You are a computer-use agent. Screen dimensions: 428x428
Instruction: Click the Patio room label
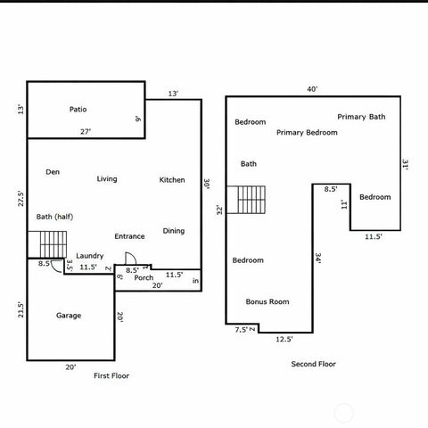click(x=78, y=110)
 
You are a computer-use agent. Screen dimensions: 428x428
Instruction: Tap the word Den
click(x=53, y=171)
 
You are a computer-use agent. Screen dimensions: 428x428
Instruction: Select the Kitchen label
click(x=172, y=180)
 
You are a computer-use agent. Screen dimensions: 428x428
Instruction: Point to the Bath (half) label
click(x=54, y=217)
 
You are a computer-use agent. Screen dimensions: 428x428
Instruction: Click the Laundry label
click(x=90, y=255)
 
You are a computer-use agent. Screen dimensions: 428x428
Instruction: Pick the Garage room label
click(x=69, y=316)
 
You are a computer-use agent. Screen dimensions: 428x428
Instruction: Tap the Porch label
click(x=144, y=277)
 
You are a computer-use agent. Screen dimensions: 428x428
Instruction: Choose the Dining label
click(x=174, y=231)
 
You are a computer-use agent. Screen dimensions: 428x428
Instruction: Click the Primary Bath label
click(x=361, y=117)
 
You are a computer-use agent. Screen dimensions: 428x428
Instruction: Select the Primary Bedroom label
click(x=307, y=133)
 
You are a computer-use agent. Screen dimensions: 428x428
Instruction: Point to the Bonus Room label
click(x=267, y=302)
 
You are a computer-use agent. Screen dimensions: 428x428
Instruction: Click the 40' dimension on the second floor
click(x=312, y=89)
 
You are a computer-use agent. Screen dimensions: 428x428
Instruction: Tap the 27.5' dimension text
click(x=21, y=198)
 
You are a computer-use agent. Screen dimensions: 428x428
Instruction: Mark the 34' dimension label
click(x=318, y=259)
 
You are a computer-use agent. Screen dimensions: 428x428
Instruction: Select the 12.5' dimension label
click(x=284, y=339)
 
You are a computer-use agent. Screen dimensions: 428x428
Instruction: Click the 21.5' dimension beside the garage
click(x=21, y=310)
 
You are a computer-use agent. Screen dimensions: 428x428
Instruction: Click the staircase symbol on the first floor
click(x=53, y=243)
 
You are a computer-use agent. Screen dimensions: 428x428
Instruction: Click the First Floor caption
click(x=111, y=376)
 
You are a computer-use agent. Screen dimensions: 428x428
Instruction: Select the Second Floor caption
click(x=314, y=364)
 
